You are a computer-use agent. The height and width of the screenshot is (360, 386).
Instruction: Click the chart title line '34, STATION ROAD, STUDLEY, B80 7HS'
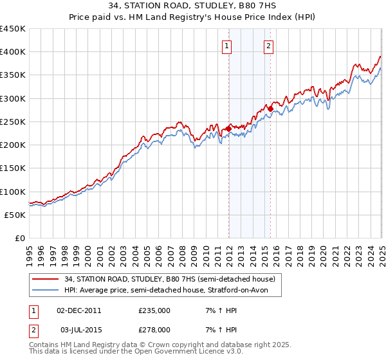click(193, 6)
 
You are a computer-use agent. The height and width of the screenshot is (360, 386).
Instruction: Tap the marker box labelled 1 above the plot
click(228, 46)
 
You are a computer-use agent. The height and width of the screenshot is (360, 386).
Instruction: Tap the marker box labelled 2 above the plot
click(268, 46)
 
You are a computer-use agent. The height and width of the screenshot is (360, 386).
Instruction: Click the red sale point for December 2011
click(228, 129)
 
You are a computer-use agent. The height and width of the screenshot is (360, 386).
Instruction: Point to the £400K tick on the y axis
click(12, 52)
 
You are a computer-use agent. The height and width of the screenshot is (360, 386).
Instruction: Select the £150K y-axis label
click(12, 168)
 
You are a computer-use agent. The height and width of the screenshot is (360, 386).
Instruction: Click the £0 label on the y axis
click(19, 239)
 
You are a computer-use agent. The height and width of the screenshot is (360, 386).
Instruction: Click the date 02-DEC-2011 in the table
click(79, 310)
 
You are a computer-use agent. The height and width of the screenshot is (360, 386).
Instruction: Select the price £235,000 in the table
click(154, 310)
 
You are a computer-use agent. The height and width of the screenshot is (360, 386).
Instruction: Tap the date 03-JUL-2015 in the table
click(79, 329)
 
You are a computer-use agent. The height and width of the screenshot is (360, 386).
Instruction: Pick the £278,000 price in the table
click(154, 329)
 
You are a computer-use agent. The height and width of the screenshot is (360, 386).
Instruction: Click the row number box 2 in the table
click(33, 329)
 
